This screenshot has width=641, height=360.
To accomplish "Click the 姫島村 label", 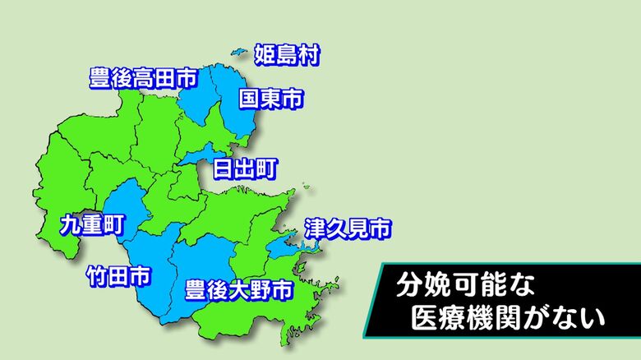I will (x=286, y=56).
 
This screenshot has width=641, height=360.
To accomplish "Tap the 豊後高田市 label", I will (x=142, y=79).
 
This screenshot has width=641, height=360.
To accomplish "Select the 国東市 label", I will (x=270, y=100).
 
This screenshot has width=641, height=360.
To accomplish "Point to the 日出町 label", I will (x=245, y=170).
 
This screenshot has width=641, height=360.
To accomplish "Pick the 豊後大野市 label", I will (x=237, y=289).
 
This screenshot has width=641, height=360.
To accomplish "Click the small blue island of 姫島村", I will (x=238, y=53).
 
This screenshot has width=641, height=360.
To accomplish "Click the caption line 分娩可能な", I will (x=465, y=286).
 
